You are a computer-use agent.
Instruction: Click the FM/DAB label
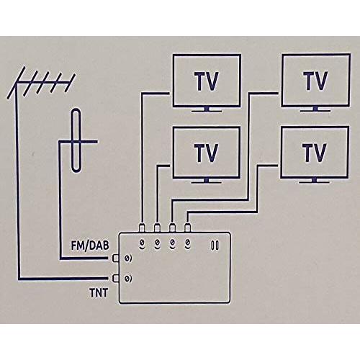[90, 246]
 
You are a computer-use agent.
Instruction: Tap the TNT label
[99, 293]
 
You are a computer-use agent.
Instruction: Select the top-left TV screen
[207, 81]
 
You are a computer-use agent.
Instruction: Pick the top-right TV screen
[315, 80]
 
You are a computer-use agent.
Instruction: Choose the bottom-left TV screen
[207, 153]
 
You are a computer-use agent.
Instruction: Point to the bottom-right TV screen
[315, 153]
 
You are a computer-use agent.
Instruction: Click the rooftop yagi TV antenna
[41, 83]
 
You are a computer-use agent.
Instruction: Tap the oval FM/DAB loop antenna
[76, 140]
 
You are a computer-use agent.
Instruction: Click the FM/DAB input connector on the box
[116, 258]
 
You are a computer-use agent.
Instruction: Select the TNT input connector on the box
[116, 279]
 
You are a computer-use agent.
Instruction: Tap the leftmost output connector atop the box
[142, 228]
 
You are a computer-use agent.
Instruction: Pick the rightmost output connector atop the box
[187, 228]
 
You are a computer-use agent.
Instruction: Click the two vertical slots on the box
[215, 246]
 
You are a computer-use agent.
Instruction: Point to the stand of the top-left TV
[207, 109]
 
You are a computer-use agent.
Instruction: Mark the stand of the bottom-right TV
[315, 181]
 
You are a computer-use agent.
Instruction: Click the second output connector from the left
[157, 228]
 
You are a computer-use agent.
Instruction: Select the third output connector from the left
[172, 228]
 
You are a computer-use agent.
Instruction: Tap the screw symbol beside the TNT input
[128, 279]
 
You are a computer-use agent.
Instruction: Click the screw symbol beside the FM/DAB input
[128, 258]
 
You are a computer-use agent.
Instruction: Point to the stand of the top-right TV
[315, 109]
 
